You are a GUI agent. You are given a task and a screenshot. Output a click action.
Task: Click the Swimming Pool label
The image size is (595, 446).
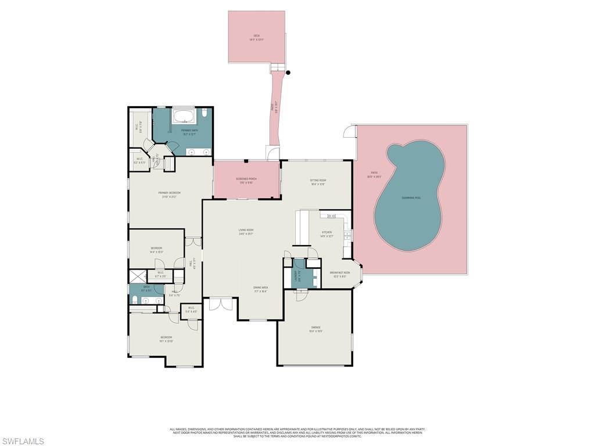(411, 198)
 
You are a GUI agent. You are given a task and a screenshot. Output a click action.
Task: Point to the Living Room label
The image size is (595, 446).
(246, 231)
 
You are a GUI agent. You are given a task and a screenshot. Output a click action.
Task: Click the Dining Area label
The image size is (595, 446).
(260, 289)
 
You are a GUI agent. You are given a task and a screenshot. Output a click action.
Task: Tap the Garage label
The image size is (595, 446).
(316, 329)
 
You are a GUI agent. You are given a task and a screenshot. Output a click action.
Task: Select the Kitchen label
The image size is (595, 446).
(327, 234)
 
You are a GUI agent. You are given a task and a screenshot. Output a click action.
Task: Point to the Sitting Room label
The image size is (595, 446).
(318, 182)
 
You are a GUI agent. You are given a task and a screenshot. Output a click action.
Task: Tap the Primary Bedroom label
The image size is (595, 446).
(169, 194)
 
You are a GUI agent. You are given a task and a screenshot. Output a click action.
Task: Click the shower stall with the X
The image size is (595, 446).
(137, 276)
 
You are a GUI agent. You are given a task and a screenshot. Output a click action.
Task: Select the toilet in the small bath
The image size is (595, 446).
(135, 300)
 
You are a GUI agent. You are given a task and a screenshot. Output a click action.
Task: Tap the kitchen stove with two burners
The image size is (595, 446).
(332, 216)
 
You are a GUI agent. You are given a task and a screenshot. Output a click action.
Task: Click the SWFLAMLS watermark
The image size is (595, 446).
(23, 441)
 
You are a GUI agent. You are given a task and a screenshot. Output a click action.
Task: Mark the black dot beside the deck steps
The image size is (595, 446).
(288, 73)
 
